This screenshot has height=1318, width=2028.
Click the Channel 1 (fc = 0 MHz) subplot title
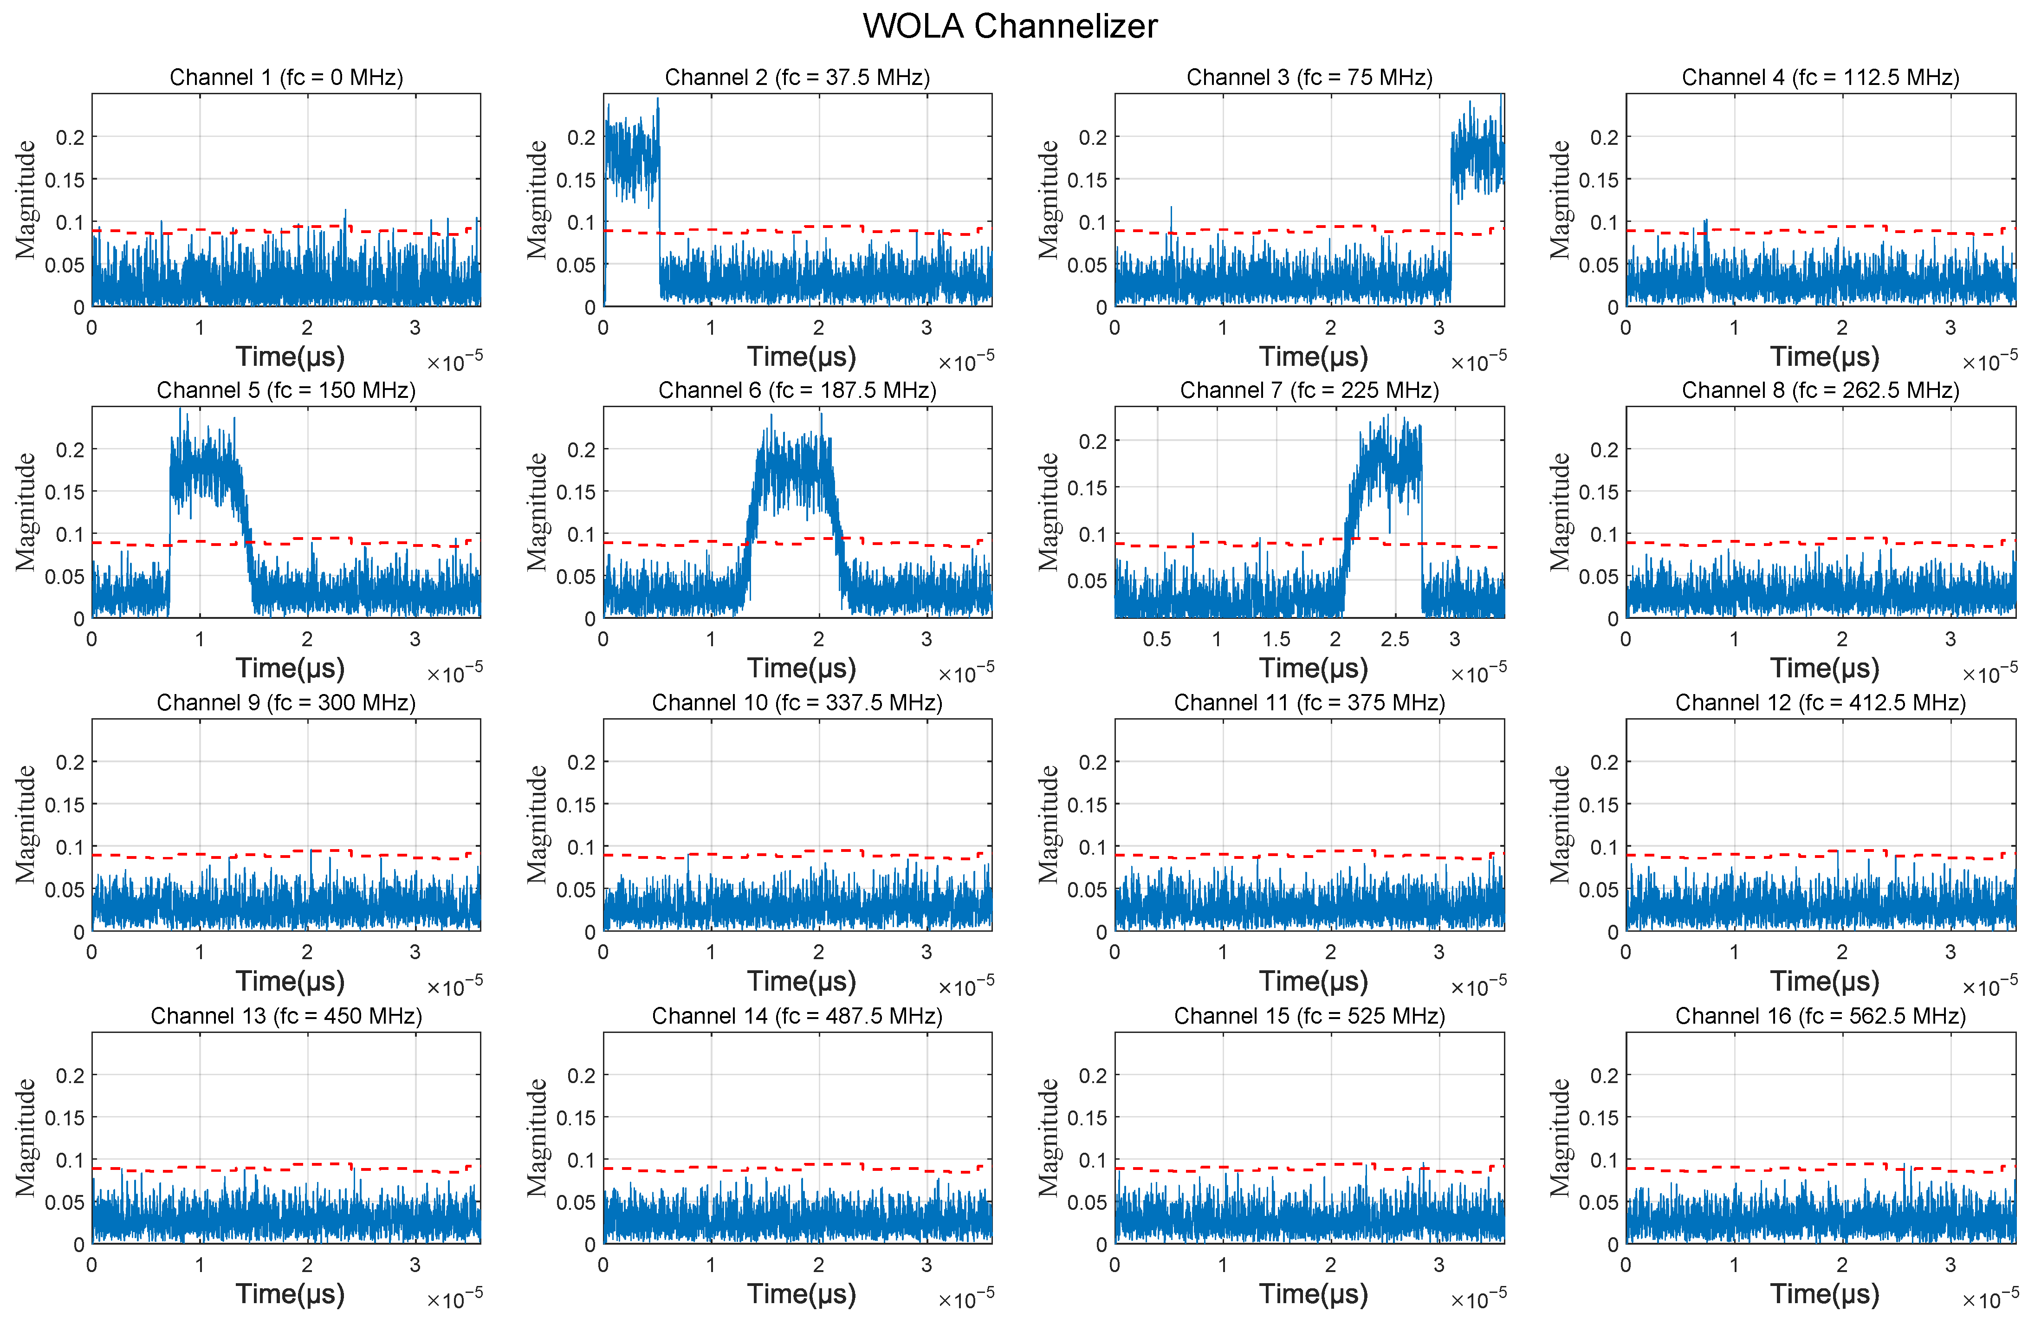[286, 78]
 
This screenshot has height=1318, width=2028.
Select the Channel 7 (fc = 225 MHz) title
[1309, 390]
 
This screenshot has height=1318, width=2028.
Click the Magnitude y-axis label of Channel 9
[26, 824]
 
